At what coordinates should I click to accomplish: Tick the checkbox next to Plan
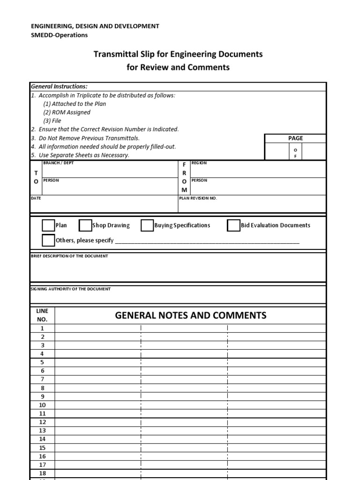(x=48, y=225)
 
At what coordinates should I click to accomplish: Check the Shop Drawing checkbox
(x=85, y=225)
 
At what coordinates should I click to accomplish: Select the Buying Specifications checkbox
(x=147, y=225)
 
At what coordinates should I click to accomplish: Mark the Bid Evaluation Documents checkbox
(x=233, y=225)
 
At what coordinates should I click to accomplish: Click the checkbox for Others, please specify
(x=48, y=240)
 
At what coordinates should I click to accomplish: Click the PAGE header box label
(x=295, y=138)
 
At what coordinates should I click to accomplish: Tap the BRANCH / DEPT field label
(x=58, y=163)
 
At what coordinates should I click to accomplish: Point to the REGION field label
(x=199, y=163)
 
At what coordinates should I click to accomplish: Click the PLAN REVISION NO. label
(x=198, y=198)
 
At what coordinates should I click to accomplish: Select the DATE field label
(x=36, y=198)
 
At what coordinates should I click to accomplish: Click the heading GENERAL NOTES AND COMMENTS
(x=191, y=315)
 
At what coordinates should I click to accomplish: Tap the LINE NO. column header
(x=43, y=315)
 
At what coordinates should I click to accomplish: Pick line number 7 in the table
(x=43, y=379)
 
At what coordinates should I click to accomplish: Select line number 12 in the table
(x=43, y=422)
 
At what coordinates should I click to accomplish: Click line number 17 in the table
(x=43, y=465)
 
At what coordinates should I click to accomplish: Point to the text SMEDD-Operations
(x=59, y=35)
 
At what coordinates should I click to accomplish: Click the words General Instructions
(x=59, y=87)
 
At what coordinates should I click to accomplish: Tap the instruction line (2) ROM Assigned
(x=67, y=112)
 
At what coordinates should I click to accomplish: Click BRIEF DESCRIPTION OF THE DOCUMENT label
(x=69, y=256)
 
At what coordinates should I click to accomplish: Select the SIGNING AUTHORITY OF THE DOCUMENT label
(x=70, y=289)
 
